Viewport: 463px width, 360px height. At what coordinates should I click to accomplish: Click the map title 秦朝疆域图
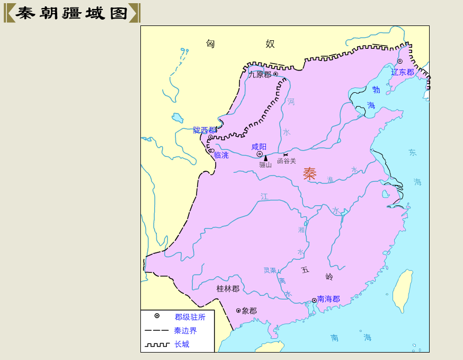coord(72,13)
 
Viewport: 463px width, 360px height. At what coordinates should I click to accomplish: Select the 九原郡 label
coord(260,75)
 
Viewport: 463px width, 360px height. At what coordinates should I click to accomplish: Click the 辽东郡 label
coord(402,72)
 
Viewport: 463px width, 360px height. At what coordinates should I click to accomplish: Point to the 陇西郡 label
coord(204,130)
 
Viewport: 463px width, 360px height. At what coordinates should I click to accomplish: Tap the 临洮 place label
coord(221,155)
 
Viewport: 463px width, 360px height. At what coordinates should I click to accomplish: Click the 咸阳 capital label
coord(259,146)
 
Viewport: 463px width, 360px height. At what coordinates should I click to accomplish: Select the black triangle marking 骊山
coord(266,158)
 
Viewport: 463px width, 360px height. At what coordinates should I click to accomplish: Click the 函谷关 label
coord(287,161)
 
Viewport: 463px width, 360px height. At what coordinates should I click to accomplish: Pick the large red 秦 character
coord(309,173)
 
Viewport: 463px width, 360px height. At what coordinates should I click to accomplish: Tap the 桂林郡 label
coord(228,288)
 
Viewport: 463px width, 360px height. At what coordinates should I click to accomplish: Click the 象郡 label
coord(249,311)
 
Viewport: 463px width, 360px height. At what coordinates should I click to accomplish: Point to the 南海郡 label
coord(328,299)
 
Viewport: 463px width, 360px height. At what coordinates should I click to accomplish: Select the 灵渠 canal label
coord(270,270)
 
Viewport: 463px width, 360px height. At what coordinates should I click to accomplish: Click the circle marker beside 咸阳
coord(260,154)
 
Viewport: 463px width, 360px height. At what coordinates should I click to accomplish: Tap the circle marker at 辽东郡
coord(400,62)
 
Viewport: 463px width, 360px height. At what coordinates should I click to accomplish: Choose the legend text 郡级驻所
coord(190,317)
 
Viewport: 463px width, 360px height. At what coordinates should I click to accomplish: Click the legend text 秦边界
coord(185,330)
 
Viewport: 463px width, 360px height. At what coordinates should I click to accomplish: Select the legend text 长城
coord(182,344)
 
